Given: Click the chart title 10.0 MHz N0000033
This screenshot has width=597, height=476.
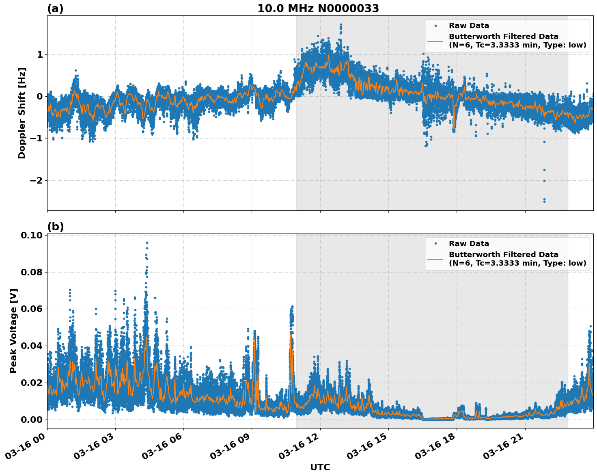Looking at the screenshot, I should (318, 9).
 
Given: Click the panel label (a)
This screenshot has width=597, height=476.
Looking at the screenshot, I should (55, 9).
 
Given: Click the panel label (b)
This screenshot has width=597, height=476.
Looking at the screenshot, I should (56, 227).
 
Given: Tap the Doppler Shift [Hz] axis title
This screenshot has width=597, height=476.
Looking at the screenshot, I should (22, 113).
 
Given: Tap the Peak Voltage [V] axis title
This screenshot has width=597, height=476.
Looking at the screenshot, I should (13, 331).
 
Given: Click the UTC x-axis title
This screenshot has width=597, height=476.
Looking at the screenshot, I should (320, 467).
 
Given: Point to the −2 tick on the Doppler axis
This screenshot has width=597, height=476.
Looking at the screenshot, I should (37, 180).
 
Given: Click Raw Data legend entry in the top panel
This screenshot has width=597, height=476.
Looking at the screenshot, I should (469, 26).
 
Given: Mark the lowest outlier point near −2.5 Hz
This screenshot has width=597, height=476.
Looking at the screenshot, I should (544, 201).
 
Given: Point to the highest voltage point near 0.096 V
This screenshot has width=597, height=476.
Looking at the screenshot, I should (147, 243).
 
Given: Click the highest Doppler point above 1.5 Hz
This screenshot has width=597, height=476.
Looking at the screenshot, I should (341, 25).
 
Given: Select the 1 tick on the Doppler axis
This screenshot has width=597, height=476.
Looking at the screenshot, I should (40, 54).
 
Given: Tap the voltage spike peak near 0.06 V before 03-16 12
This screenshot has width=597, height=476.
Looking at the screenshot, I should (292, 307).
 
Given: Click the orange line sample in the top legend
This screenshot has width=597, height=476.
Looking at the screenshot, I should (435, 41).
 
